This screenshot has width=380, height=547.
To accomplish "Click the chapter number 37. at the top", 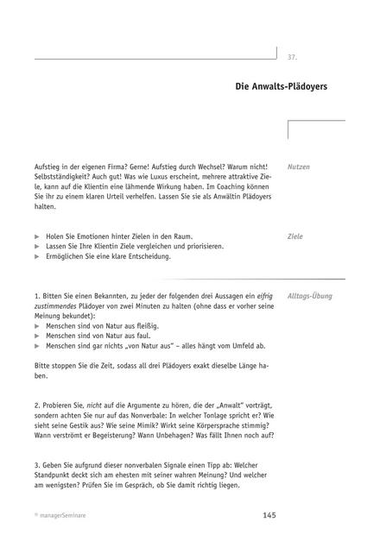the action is pyautogui.click(x=292, y=57).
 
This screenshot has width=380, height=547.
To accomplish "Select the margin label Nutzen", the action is pyautogui.click(x=299, y=166).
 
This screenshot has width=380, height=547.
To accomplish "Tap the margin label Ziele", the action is pyautogui.click(x=295, y=236).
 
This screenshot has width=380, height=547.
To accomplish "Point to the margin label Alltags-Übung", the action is pyautogui.click(x=310, y=296).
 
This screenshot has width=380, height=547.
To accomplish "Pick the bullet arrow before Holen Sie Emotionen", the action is pyautogui.click(x=37, y=236).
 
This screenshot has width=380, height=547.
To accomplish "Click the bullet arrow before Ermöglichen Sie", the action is pyautogui.click(x=37, y=257).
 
